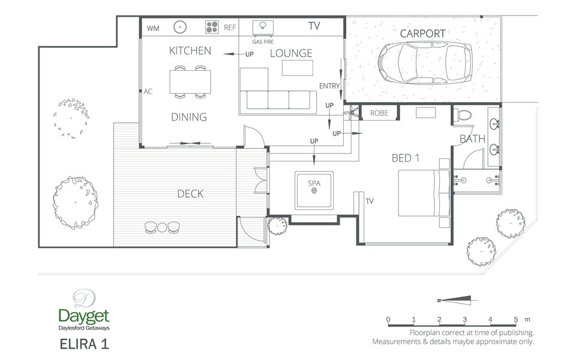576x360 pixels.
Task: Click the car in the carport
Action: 425,63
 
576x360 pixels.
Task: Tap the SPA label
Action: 314,183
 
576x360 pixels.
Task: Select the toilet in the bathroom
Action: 464,115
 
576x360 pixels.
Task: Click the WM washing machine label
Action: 153,28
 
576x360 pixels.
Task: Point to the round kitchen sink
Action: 180,27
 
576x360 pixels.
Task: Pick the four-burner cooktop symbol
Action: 212,27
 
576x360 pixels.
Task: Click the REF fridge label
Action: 230,28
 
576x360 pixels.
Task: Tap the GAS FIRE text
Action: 263,42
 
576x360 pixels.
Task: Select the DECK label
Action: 190,194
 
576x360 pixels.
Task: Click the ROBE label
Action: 379,113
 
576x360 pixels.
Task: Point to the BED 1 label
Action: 406,158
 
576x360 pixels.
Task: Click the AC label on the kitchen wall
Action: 148,91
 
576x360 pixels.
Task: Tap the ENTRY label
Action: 329,86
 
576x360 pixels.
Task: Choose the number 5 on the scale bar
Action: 516,319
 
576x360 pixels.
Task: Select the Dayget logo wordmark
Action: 84,316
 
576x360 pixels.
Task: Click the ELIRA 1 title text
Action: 84,344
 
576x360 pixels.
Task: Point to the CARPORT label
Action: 422,34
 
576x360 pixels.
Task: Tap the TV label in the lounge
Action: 314,26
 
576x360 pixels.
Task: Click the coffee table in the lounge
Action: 298,68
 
